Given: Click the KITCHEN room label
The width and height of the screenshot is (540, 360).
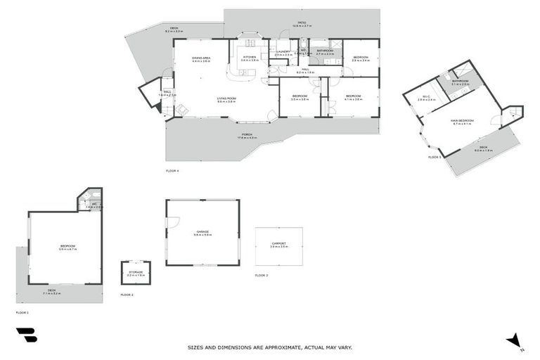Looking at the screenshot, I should [x=250, y=57].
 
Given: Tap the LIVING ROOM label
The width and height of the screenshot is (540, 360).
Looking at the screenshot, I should [x=226, y=98].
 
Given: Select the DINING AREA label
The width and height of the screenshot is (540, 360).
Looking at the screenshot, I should [x=202, y=58].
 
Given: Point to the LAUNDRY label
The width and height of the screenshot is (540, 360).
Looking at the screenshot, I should [x=283, y=51].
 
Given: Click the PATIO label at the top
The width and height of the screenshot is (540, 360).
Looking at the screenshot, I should [x=301, y=22].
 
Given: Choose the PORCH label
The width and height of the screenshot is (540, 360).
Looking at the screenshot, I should [x=247, y=134].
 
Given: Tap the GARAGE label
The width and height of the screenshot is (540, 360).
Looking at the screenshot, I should [x=202, y=232].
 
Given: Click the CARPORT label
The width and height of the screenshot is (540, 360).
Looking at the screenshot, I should [x=278, y=243].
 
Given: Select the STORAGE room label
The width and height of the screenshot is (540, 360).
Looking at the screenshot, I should [x=136, y=271].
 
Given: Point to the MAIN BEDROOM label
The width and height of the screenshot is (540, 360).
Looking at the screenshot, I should [x=463, y=121].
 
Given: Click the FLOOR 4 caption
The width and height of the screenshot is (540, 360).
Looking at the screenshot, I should [x=172, y=171].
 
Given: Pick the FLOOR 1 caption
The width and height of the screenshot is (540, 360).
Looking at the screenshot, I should [x=22, y=311].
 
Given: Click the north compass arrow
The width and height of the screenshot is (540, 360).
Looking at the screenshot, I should [x=515, y=340].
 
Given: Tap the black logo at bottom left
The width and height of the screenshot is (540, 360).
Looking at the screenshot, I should [x=26, y=335].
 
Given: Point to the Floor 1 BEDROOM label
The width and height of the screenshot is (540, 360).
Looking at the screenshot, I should [x=67, y=246].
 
